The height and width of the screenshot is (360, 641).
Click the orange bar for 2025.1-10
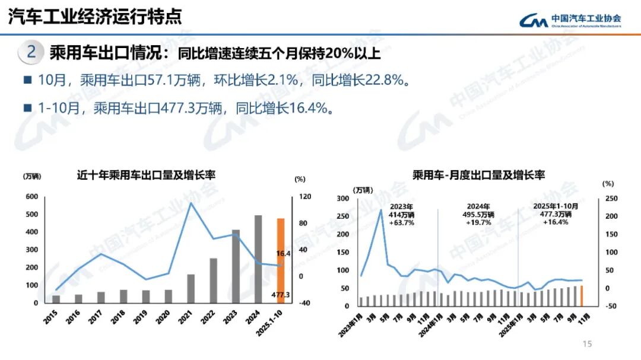pyautogui.click(x=281, y=261)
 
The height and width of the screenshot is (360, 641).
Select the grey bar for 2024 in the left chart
pyautogui.click(x=258, y=259)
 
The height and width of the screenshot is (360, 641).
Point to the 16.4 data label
pyautogui.click(x=283, y=253)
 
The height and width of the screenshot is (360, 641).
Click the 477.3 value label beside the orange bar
pyautogui.click(x=280, y=295)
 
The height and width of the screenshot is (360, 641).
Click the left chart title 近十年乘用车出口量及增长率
pyautogui.click(x=145, y=175)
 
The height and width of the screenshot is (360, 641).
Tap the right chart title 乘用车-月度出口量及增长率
pyautogui.click(x=478, y=175)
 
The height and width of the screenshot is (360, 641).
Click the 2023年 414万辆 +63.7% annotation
pyautogui.click(x=402, y=214)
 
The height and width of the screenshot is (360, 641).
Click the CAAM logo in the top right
pyautogui.click(x=570, y=20)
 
